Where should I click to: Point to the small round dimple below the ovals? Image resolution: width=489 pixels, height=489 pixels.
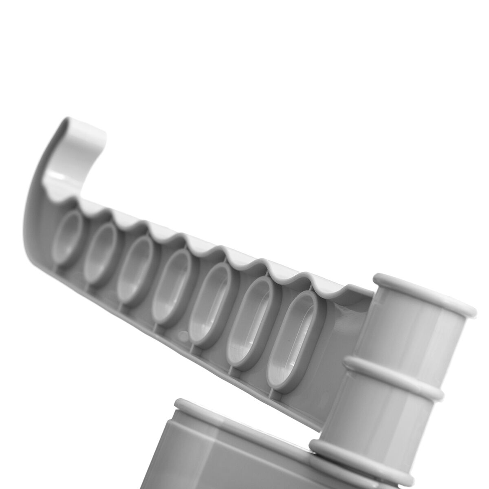(x=183, y=335)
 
